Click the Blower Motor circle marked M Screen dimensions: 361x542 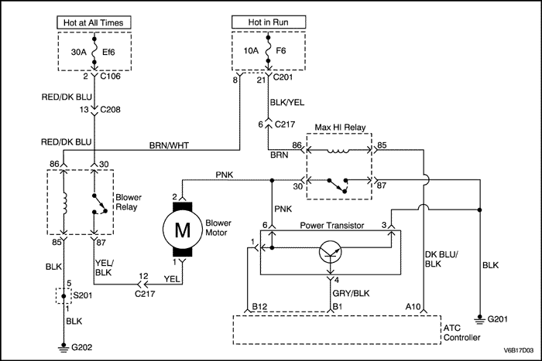click(x=181, y=229)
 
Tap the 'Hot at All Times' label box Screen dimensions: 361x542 click(x=94, y=22)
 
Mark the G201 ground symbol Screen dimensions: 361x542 click(x=480, y=318)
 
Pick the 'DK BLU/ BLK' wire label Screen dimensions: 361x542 click(x=442, y=259)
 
